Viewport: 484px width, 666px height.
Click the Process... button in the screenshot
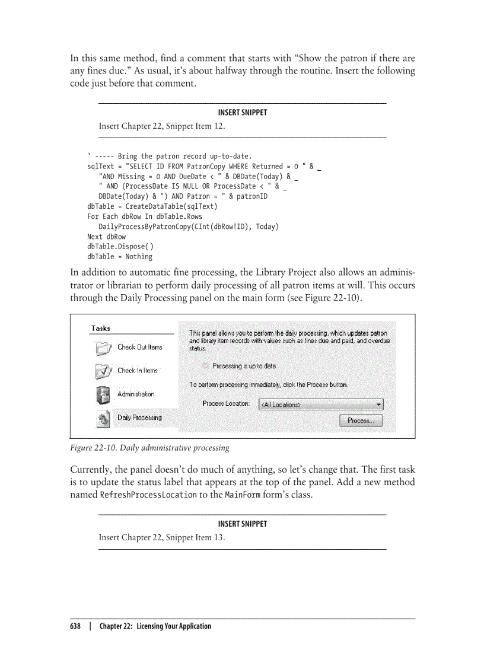pyautogui.click(x=361, y=420)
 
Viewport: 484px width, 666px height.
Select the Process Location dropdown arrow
pyautogui.click(x=378, y=404)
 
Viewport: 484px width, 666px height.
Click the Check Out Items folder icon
pyautogui.click(x=103, y=348)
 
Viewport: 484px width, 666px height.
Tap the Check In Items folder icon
pyautogui.click(x=103, y=371)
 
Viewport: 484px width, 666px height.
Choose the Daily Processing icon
pyautogui.click(x=103, y=418)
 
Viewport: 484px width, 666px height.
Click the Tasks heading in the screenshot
pyautogui.click(x=100, y=328)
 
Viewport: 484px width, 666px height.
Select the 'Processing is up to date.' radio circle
pyautogui.click(x=205, y=366)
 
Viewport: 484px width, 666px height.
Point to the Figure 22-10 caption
pyautogui.click(x=149, y=447)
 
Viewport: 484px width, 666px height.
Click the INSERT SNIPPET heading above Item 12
pyautogui.click(x=242, y=113)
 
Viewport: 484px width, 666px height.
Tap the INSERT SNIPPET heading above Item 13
pyautogui.click(x=242, y=524)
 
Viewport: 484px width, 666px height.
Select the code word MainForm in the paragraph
pyautogui.click(x=243, y=495)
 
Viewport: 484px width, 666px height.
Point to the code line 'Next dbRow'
pyautogui.click(x=106, y=237)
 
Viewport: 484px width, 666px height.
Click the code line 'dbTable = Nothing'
pyautogui.click(x=119, y=257)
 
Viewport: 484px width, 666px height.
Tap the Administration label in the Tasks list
pyautogui.click(x=136, y=394)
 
